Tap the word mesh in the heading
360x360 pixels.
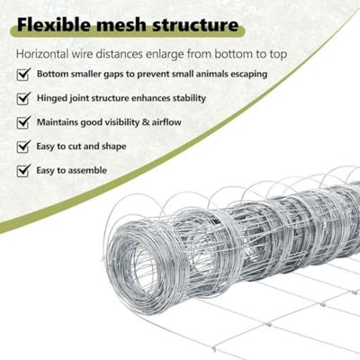click(121, 25)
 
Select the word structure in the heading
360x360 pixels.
click(195, 25)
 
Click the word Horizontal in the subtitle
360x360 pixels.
click(42, 54)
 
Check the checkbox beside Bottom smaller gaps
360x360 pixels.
click(23, 74)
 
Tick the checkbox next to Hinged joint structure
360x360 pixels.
click(23, 98)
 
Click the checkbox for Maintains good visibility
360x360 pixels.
click(23, 122)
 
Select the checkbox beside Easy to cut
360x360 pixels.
click(23, 147)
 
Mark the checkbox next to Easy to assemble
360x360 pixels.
click(23, 170)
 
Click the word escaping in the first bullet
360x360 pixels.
click(248, 75)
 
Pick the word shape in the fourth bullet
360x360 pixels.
click(114, 147)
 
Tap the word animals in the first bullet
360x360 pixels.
click(211, 74)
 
